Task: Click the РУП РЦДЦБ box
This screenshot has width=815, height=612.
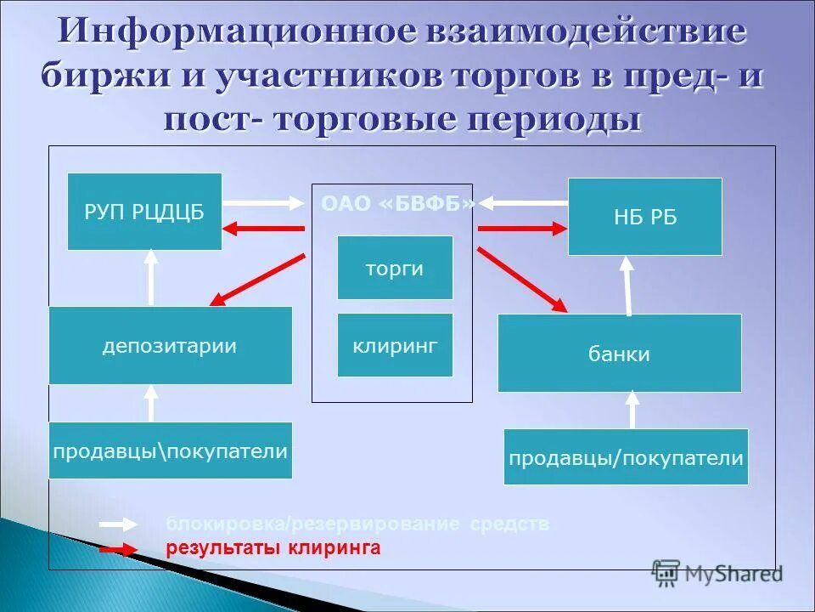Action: (144, 212)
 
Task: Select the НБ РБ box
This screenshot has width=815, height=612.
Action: (645, 217)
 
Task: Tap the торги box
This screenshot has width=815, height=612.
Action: (395, 268)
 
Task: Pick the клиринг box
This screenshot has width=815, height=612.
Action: (395, 345)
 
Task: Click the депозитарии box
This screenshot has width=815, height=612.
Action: (170, 346)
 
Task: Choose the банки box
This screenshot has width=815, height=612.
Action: (619, 354)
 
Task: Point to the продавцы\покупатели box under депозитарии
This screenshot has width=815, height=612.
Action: (170, 450)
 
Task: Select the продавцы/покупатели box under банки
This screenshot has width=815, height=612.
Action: (626, 457)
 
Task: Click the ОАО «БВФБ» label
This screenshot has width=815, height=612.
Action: (397, 204)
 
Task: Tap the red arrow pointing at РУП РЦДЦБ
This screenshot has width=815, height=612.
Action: (263, 228)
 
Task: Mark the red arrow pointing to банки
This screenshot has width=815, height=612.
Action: (522, 279)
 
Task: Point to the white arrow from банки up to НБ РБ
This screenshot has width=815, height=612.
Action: (628, 286)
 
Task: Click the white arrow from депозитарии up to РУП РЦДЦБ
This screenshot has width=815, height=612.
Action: (151, 276)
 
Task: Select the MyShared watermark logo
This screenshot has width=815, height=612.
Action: (717, 575)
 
